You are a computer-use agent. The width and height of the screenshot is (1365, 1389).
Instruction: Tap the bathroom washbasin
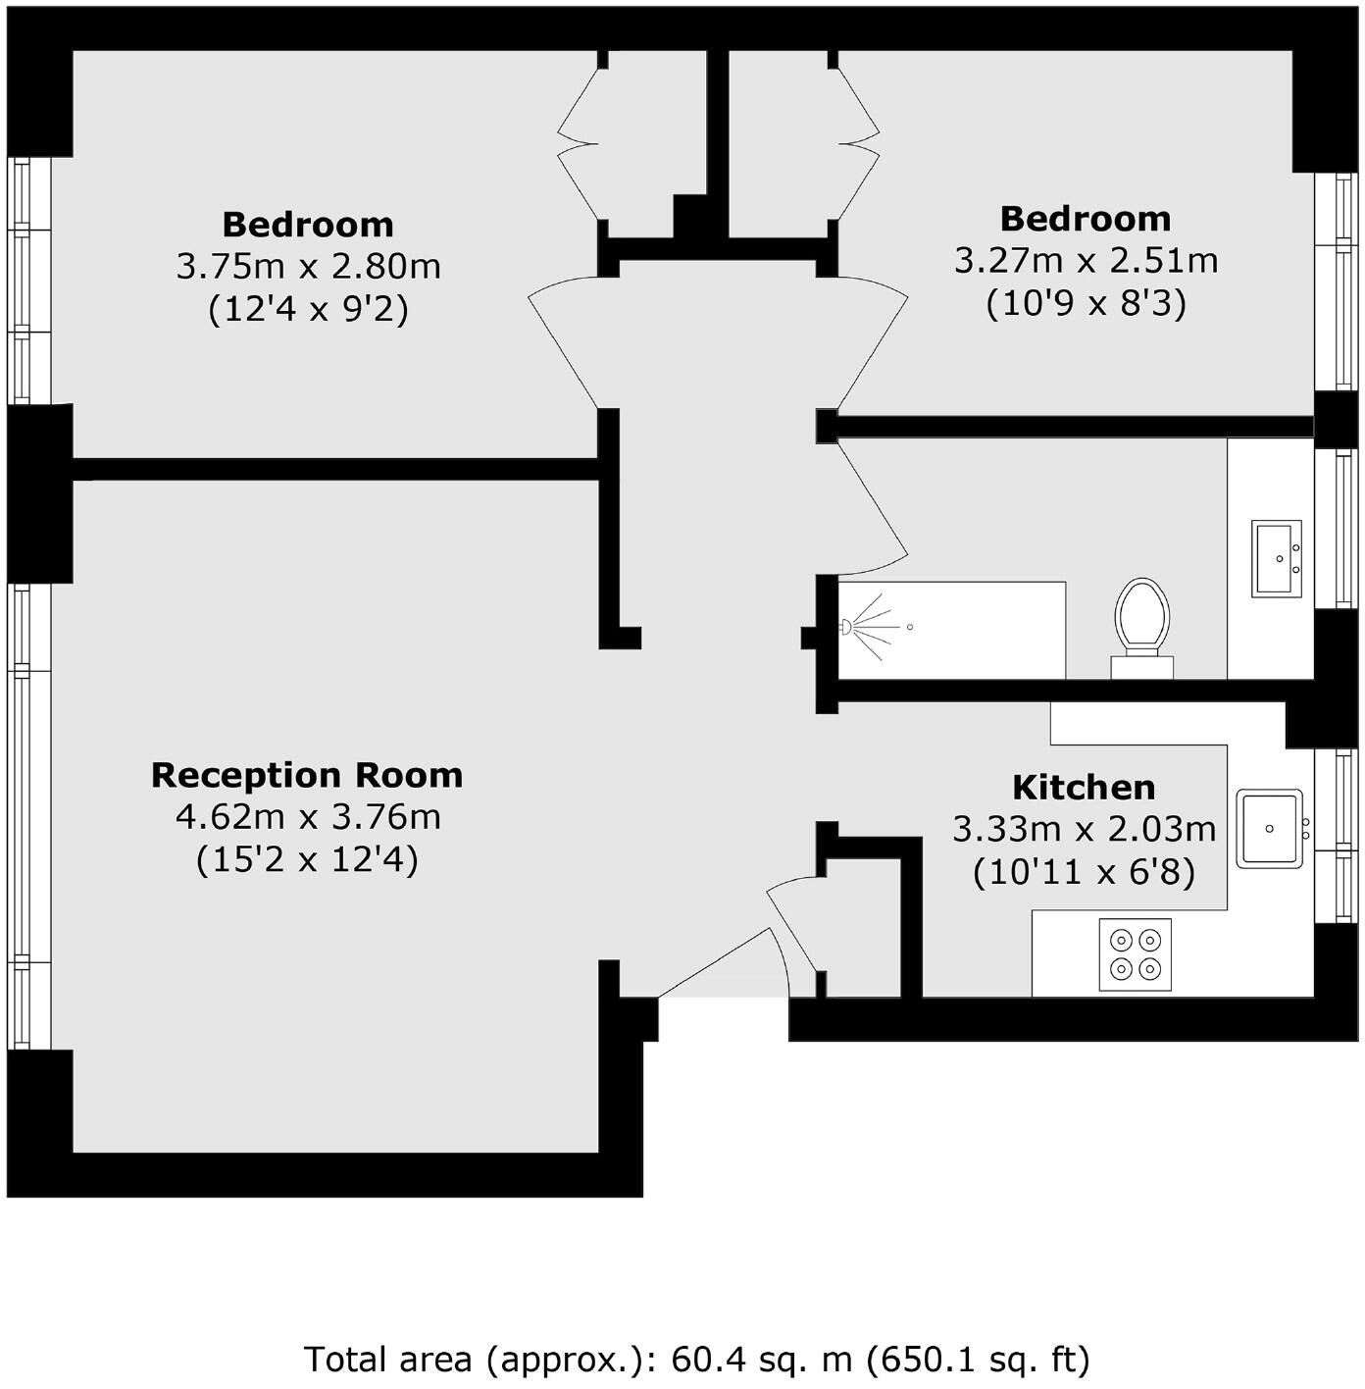tap(1277, 557)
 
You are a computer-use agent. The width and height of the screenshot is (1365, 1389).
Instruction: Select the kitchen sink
tap(1270, 828)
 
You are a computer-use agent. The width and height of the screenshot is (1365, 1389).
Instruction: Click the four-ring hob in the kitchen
tap(1136, 954)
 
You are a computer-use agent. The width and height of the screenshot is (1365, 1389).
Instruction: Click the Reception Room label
tap(307, 775)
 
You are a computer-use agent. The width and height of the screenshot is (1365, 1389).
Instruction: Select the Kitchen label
tap(1084, 787)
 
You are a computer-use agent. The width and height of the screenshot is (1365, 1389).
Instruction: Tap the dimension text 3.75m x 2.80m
tap(308, 266)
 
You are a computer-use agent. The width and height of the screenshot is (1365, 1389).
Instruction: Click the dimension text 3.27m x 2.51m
tap(1086, 260)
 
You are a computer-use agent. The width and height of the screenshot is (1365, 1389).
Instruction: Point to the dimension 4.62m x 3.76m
tap(308, 816)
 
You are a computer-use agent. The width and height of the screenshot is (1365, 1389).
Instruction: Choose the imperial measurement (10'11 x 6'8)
tap(1084, 872)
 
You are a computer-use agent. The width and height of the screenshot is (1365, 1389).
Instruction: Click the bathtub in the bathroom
tap(951, 629)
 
